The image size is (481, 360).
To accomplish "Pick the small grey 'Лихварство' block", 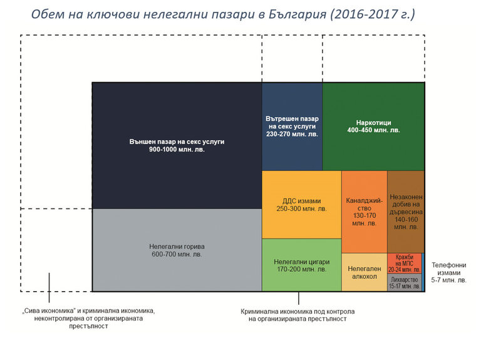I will (x=405, y=282).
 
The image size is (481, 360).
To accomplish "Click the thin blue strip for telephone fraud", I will (x=423, y=272).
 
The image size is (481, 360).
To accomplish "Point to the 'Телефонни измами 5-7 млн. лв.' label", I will (x=449, y=272).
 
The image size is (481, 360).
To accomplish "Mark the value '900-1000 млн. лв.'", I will (x=177, y=150).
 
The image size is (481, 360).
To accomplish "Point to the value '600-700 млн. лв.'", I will (x=177, y=255).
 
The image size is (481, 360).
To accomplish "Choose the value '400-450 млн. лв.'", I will (x=373, y=130).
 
